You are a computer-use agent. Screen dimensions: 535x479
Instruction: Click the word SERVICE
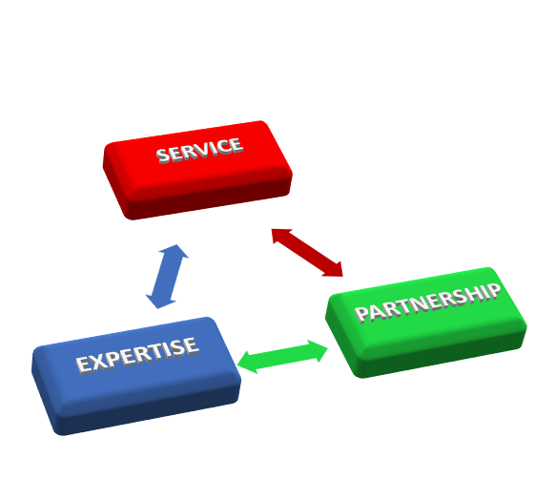coord(200,150)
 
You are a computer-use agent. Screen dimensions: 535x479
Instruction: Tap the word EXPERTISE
coord(137,355)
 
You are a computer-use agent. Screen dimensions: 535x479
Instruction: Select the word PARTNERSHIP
coord(428,302)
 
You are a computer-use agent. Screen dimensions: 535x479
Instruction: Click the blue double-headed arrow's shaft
coord(167,277)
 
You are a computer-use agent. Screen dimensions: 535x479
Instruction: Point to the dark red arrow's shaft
coord(307,253)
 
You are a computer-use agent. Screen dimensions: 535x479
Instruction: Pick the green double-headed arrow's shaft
coord(282,357)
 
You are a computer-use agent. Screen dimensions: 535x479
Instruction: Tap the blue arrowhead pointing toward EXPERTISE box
coord(159,302)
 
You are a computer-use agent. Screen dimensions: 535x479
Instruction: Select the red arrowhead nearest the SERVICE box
coord(280,236)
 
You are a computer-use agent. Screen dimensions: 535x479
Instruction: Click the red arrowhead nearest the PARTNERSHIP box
coord(334,269)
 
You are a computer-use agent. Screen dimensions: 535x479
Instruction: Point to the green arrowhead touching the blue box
coord(246,362)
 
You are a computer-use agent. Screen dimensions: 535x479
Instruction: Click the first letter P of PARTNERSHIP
coord(361,314)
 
